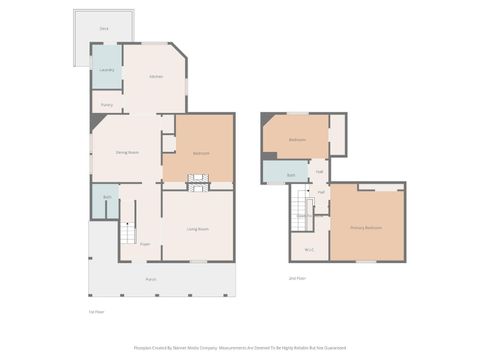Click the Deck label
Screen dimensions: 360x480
pyautogui.click(x=103, y=29)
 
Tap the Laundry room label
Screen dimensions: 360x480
pyautogui.click(x=106, y=70)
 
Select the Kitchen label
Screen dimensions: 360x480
pyautogui.click(x=156, y=77)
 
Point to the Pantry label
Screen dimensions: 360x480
pyautogui.click(x=106, y=104)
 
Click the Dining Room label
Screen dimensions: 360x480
pyautogui.click(x=127, y=152)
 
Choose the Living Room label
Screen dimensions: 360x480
pyautogui.click(x=198, y=229)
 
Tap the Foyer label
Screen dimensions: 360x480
pyautogui.click(x=145, y=244)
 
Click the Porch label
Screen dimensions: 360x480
pyautogui.click(x=151, y=279)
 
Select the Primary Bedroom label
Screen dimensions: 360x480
pyautogui.click(x=366, y=228)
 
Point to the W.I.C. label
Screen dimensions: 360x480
pyautogui.click(x=309, y=249)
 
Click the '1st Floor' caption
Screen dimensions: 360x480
pyautogui.click(x=97, y=312)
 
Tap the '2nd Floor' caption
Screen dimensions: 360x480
pyautogui.click(x=297, y=277)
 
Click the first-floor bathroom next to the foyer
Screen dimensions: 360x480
pyautogui.click(x=107, y=198)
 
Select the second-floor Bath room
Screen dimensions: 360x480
pyautogui.click(x=290, y=175)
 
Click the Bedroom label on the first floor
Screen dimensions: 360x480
pyautogui.click(x=200, y=153)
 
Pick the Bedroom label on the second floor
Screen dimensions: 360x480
pyautogui.click(x=297, y=140)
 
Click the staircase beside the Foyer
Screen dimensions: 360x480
pyautogui.click(x=127, y=235)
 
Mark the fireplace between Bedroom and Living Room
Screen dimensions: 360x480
pyautogui.click(x=198, y=182)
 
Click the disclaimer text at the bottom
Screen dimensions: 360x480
pyautogui.click(x=240, y=349)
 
